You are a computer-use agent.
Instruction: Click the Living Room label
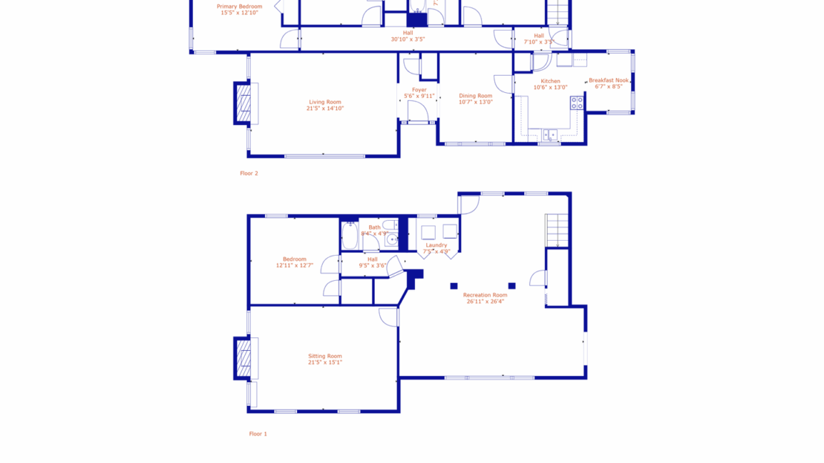324,102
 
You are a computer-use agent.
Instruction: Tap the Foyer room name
419,90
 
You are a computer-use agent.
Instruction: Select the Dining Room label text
475,95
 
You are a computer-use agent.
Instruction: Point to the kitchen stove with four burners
577,103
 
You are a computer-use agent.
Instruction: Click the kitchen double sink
549,135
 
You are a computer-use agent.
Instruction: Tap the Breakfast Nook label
609,80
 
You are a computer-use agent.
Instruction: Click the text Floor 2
249,173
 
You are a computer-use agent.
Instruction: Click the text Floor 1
258,433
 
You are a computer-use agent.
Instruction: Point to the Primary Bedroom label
239,7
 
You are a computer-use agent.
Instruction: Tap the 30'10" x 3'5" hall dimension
408,39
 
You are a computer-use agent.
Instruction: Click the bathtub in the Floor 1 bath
350,236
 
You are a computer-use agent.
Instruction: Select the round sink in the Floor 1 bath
391,240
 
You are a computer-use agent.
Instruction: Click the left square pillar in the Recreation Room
454,286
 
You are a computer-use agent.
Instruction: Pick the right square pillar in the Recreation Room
511,286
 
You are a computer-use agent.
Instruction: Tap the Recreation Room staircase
557,229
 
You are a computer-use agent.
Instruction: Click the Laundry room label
436,245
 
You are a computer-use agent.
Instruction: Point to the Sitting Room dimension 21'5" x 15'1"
325,363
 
